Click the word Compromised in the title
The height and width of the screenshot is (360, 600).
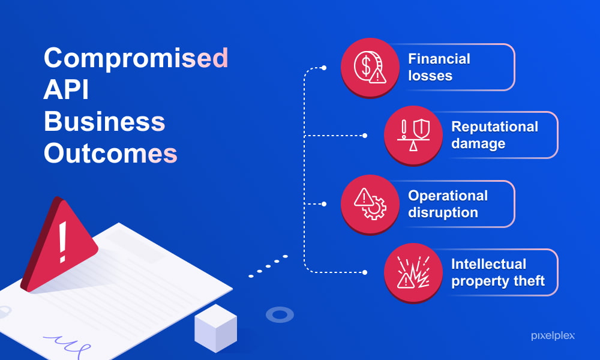click(136, 59)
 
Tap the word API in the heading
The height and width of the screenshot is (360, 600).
click(66, 89)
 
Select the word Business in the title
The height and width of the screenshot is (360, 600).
click(104, 121)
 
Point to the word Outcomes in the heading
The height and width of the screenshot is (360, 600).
click(110, 153)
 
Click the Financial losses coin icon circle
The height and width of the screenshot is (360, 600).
click(370, 67)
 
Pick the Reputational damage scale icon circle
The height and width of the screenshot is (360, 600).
click(413, 136)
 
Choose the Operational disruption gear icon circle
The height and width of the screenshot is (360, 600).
click(370, 204)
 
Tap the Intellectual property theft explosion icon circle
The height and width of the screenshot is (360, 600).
click(413, 272)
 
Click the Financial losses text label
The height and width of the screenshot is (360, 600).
click(439, 67)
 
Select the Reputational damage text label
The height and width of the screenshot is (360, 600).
click(495, 135)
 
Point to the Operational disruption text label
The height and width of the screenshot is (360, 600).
click(448, 204)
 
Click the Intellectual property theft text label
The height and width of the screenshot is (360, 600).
click(498, 272)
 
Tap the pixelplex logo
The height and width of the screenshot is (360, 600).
click(553, 335)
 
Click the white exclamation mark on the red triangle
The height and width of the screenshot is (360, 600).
click(62, 242)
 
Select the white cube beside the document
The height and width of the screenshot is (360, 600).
click(215, 328)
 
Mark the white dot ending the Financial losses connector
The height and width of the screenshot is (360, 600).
click(324, 68)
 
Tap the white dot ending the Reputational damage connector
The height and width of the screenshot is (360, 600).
click(365, 136)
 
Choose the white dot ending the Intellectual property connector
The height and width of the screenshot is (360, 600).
click(365, 272)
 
